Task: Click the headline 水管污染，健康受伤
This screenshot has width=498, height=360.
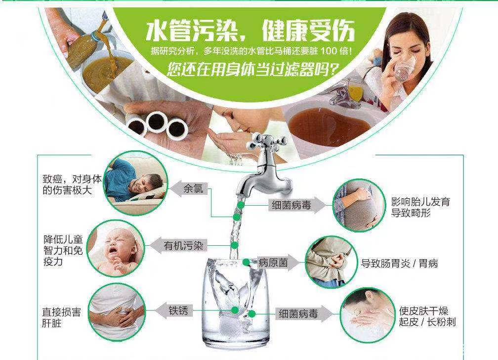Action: pos(250,31)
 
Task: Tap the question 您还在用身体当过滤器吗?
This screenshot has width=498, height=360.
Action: pos(253,69)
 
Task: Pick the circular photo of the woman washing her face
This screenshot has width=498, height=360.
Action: pos(366,315)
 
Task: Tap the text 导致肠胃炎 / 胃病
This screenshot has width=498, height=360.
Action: pos(399,264)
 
